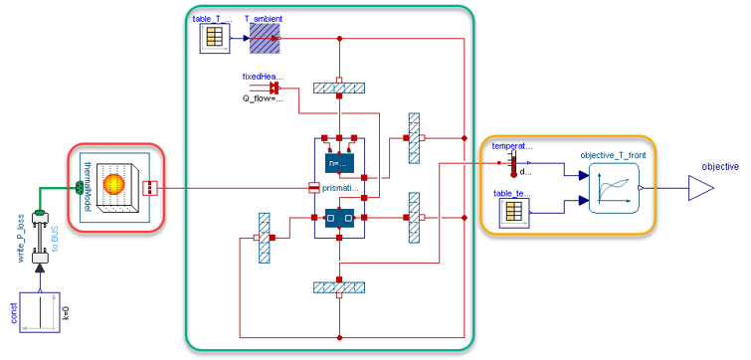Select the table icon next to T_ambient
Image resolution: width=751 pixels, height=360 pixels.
point(216,38)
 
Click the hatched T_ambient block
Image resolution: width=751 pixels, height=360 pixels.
point(265,38)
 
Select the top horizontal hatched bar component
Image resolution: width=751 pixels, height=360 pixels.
point(339,88)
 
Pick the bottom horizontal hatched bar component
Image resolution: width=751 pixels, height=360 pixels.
point(339,287)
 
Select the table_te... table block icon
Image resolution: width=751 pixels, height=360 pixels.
point(513,210)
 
